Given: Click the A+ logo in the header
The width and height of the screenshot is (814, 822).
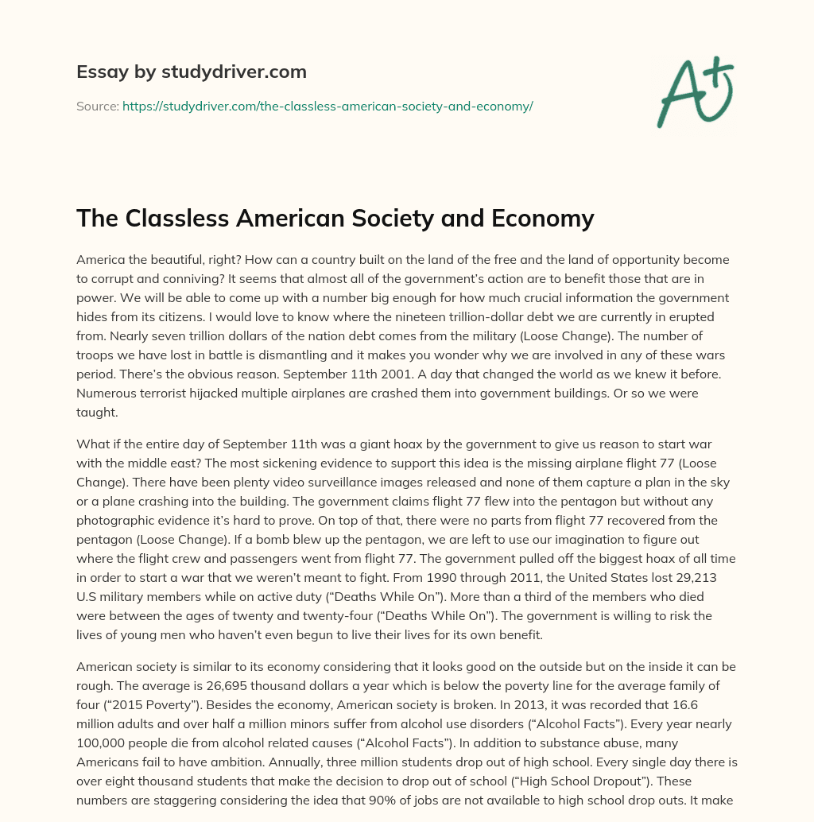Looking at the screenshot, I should [x=695, y=92].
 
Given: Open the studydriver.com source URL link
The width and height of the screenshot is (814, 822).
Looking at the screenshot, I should [x=327, y=106].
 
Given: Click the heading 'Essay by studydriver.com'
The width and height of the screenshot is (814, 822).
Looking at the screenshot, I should [x=191, y=72].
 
